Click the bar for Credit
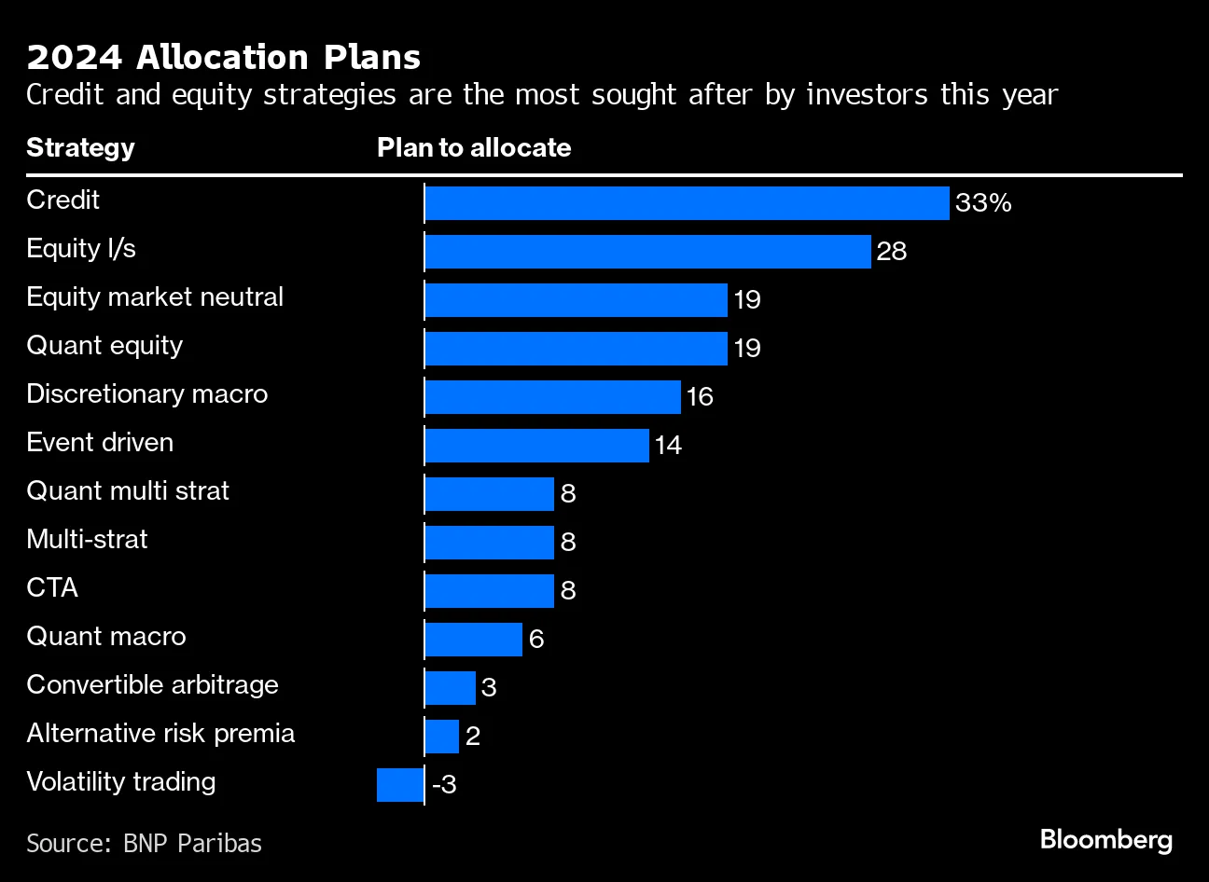click(x=687, y=203)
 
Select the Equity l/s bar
click(x=647, y=252)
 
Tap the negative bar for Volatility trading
click(x=400, y=785)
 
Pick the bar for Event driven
click(x=536, y=446)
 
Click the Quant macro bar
click(x=473, y=640)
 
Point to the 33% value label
click(x=983, y=203)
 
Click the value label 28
click(x=892, y=252)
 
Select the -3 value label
click(x=444, y=785)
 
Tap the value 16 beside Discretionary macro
click(x=700, y=397)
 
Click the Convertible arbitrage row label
click(x=152, y=685)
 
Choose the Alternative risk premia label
click(x=160, y=734)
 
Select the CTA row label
click(x=52, y=588)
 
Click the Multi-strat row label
click(x=87, y=540)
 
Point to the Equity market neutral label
click(x=155, y=297)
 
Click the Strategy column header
click(x=80, y=148)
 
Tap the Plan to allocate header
click(x=474, y=148)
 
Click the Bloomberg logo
click(x=1105, y=840)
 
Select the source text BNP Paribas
click(x=192, y=844)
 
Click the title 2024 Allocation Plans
click(x=224, y=58)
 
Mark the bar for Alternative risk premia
click(x=441, y=737)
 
